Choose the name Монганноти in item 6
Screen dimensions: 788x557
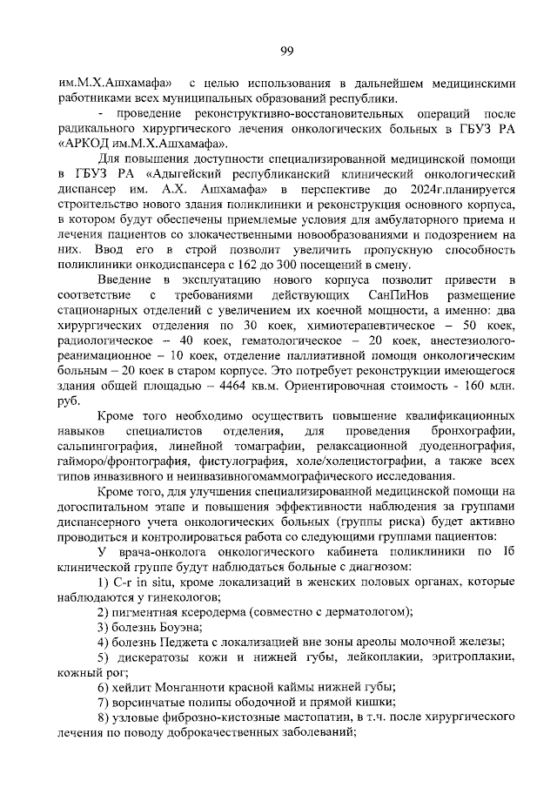coord(185,688)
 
